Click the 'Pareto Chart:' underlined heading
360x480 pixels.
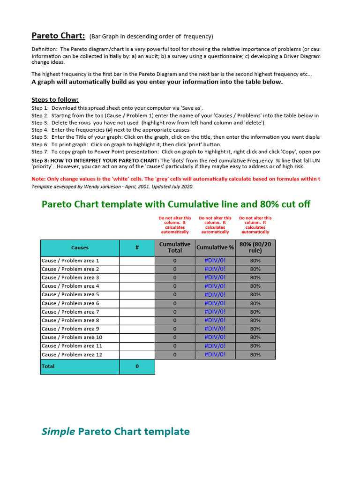click(x=58, y=36)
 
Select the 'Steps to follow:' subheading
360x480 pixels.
click(x=55, y=99)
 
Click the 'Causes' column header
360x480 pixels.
click(x=80, y=247)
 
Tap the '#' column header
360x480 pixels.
click(x=137, y=247)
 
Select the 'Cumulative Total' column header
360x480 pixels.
click(x=175, y=247)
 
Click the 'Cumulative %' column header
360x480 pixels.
click(x=215, y=247)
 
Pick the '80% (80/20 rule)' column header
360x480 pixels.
click(x=255, y=247)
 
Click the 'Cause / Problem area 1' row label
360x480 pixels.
click(x=70, y=261)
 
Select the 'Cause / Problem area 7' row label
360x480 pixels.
click(x=70, y=312)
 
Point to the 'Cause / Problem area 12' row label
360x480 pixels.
click(x=72, y=355)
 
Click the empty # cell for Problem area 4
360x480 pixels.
click(x=137, y=286)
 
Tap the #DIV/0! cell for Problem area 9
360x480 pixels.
click(x=215, y=329)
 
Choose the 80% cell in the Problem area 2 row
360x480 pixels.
click(x=255, y=269)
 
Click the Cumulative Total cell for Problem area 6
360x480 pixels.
click(x=175, y=303)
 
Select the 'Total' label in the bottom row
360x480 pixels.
click(x=48, y=367)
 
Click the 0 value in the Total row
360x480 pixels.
click(x=137, y=367)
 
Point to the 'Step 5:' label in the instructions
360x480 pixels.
click(x=40, y=137)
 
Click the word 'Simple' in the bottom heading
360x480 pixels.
click(x=59, y=432)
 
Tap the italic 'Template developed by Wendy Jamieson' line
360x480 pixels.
click(x=112, y=186)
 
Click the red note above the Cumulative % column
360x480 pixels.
click(x=215, y=225)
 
